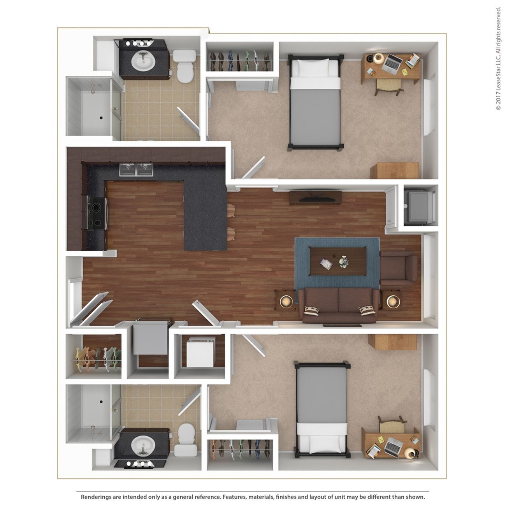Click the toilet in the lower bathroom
coord(186,439)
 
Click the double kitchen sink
coord(136,169)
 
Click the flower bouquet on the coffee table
coord(344,262)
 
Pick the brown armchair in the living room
coord(399,268)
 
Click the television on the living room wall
coord(317,199)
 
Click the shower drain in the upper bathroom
coord(101,118)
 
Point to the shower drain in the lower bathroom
coord(101,401)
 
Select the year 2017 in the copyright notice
coord(498,97)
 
